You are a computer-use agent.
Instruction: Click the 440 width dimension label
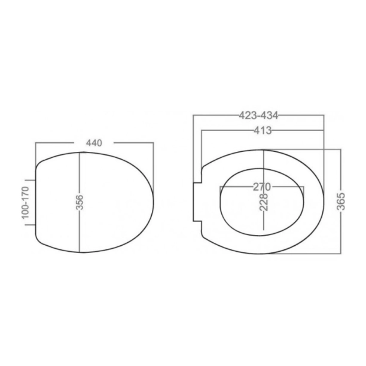[94, 143]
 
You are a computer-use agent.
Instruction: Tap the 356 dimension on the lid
[80, 202]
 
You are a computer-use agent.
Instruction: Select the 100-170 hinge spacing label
[26, 203]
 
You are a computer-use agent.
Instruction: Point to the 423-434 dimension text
[258, 115]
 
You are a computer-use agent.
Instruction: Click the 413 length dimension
[263, 130]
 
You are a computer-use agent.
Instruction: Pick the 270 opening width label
[262, 187]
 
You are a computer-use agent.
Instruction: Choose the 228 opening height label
[264, 202]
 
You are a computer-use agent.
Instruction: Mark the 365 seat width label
[341, 201]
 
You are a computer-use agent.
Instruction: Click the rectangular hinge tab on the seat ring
[197, 202]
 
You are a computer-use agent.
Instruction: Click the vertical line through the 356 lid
[80, 202]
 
